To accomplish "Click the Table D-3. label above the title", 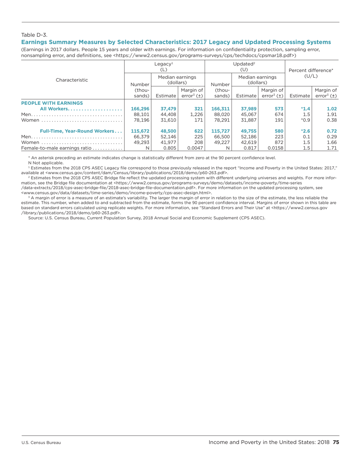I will (34, 35).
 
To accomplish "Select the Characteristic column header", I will (72, 80).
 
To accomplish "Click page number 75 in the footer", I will (335, 442).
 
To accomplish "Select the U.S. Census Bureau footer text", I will (41, 443).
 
